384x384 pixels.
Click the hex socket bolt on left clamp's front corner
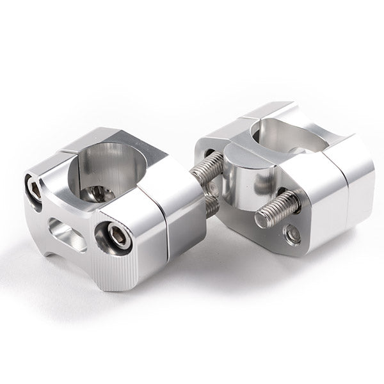(x=117, y=237)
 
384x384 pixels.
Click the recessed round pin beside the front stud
(x=292, y=235)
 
